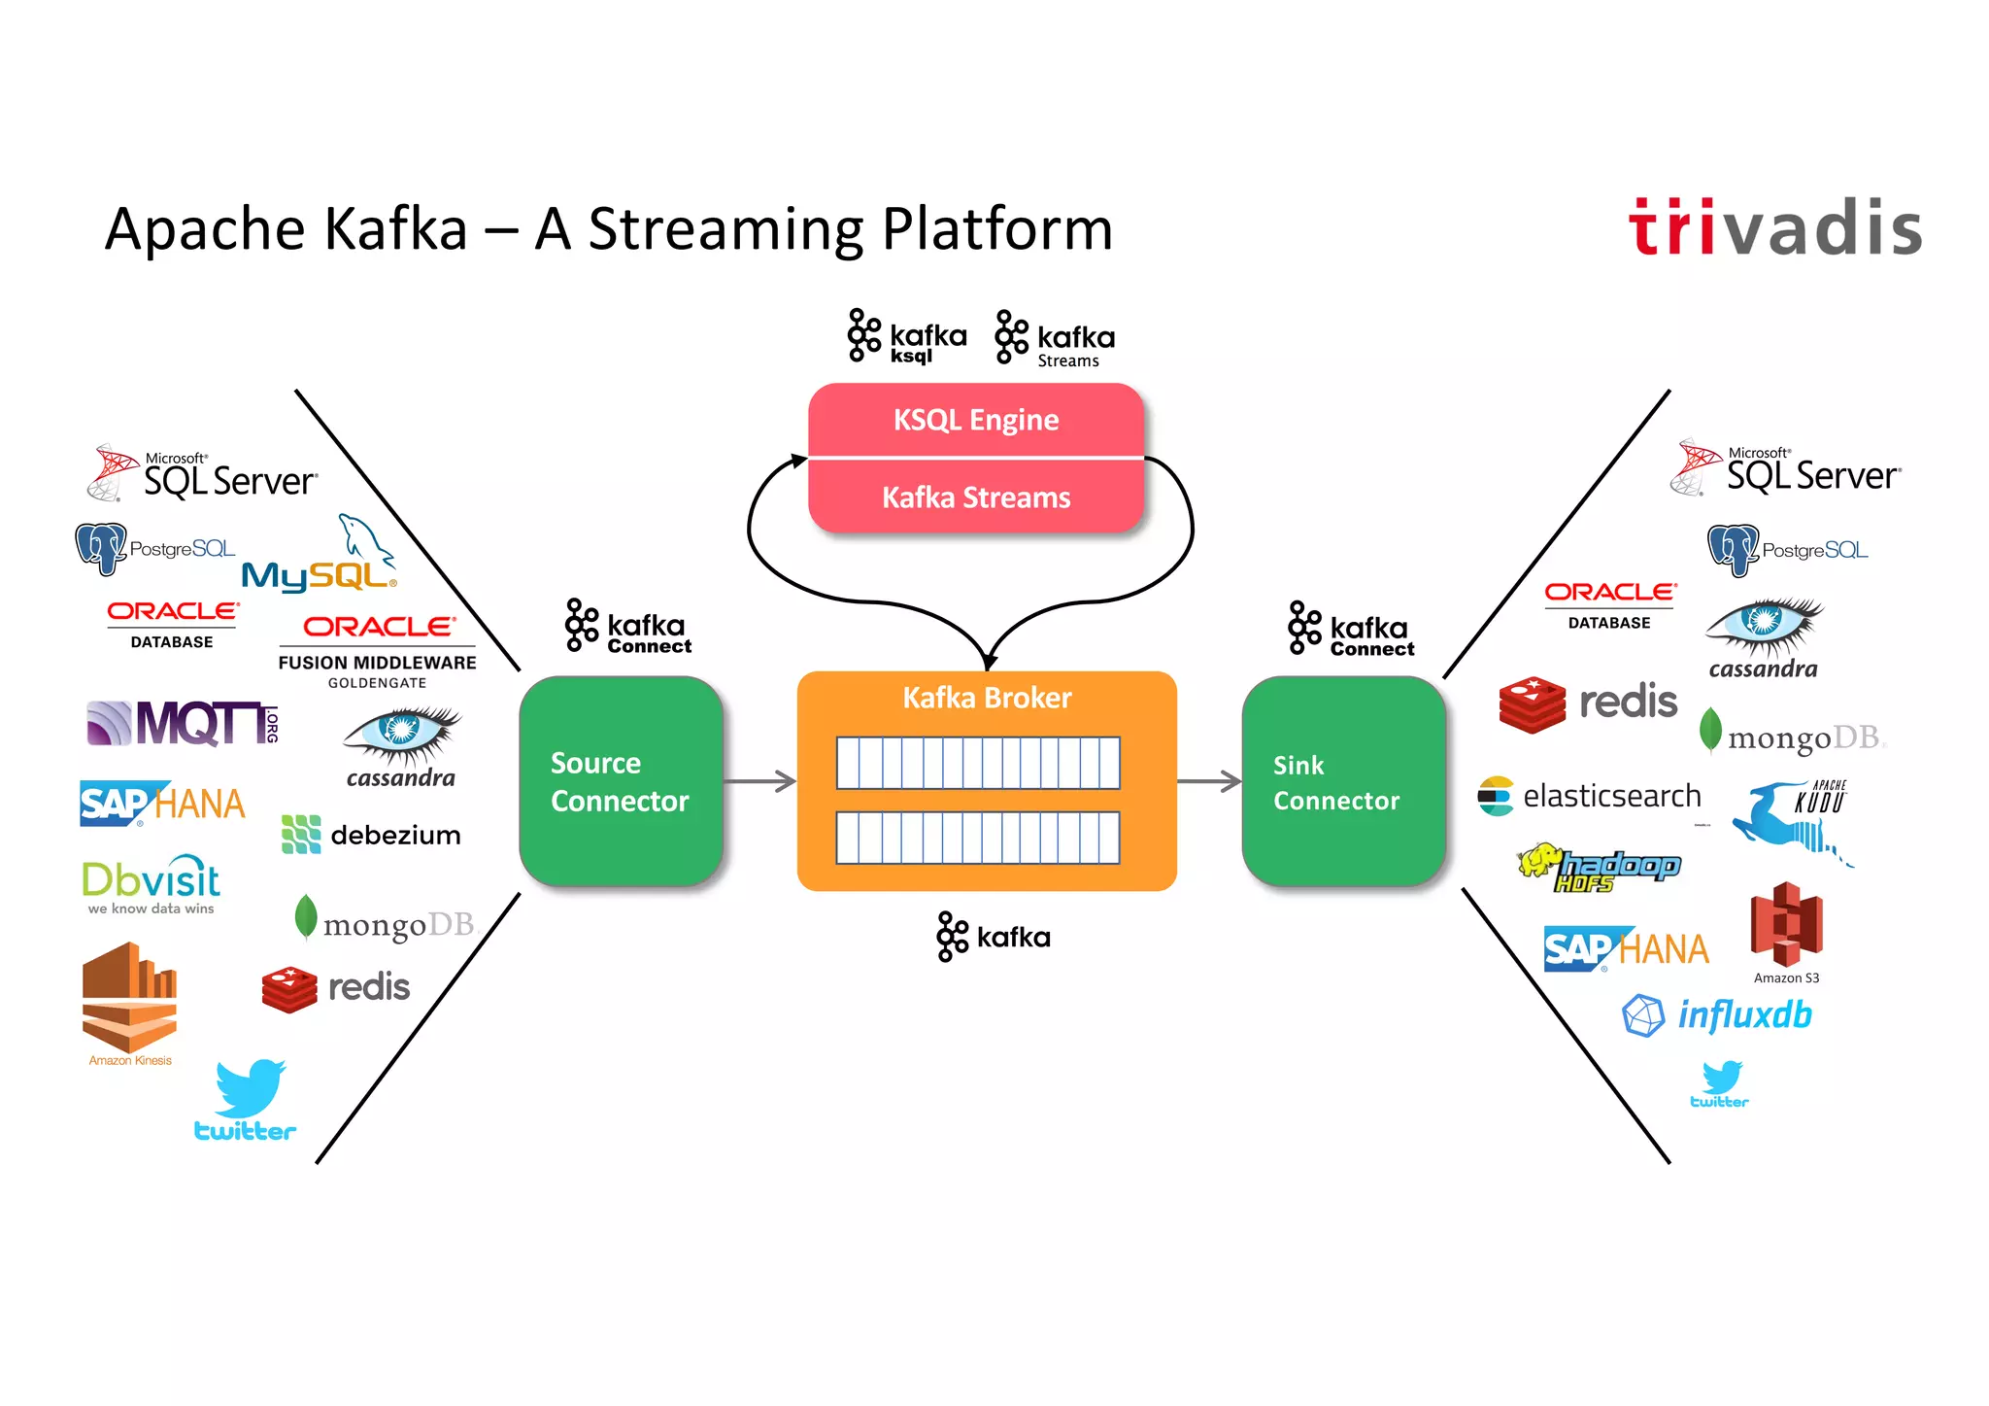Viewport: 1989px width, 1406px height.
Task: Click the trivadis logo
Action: pos(1775,228)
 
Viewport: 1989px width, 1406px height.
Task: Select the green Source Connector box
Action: pos(621,781)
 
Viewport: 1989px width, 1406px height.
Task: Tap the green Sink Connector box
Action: pos(1343,781)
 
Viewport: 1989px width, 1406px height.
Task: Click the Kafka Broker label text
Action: pos(987,698)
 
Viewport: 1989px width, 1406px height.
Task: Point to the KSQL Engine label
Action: pos(976,420)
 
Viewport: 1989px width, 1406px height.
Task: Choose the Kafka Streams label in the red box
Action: pos(976,497)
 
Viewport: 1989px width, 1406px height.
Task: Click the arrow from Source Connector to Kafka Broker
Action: pos(759,781)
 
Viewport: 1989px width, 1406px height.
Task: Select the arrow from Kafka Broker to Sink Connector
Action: pos(1209,781)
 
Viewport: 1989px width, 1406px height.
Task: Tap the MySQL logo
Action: pos(320,559)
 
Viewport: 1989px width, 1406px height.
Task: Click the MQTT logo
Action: pos(183,724)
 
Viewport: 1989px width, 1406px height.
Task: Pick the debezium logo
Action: pos(371,835)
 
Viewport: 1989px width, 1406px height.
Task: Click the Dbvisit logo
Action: pos(151,884)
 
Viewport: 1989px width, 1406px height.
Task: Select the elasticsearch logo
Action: pos(1590,797)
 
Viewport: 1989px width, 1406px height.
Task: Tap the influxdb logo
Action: pos(1717,1015)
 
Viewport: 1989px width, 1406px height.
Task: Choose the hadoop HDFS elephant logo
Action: pos(1599,868)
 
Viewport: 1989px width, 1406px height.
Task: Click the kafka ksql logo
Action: pos(907,337)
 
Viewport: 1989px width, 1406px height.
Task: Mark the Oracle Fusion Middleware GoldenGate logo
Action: pos(377,651)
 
